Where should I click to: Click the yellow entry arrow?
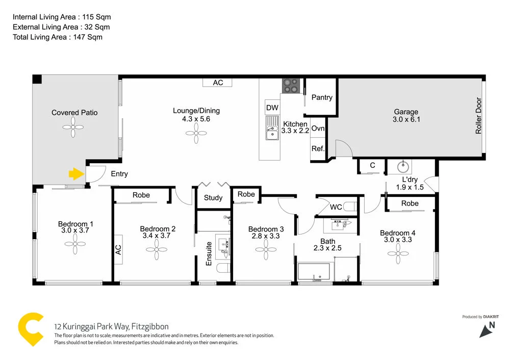[76, 174]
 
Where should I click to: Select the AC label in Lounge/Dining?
[218, 83]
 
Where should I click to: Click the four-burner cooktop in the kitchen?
[291, 86]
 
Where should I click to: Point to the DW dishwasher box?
[272, 108]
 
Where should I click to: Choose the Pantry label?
[322, 97]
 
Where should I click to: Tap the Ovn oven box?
[318, 128]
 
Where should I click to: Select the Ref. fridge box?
[318, 149]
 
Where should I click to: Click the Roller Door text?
[478, 116]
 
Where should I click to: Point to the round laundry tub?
[403, 165]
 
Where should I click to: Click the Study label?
[213, 198]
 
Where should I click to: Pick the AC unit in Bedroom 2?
[118, 249]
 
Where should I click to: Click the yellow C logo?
[31, 329]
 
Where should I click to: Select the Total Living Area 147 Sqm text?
[58, 37]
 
